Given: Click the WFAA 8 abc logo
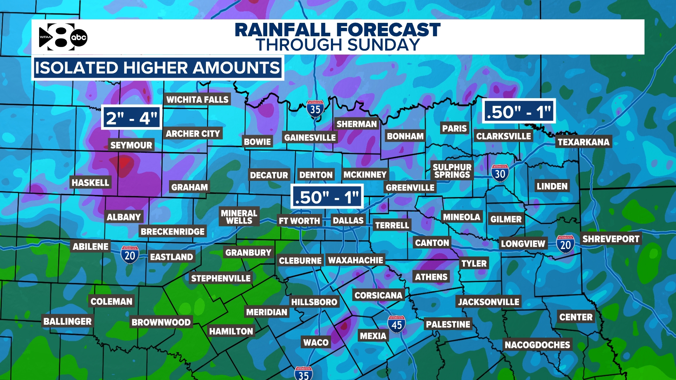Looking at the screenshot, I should point(63,37).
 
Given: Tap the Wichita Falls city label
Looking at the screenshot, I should point(197,100).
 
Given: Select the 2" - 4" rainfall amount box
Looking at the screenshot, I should point(131,118).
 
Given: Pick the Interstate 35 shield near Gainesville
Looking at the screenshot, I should point(315,109).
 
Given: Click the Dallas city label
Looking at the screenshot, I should point(348,221).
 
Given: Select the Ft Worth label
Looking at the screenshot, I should point(299,221).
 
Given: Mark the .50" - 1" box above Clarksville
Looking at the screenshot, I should point(519,112).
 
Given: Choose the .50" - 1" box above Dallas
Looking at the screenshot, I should point(327,197).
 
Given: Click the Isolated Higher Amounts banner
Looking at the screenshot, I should point(157,68).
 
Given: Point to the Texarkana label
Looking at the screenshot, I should point(583,142).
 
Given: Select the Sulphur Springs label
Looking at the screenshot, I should point(452,171).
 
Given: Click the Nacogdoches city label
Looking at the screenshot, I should point(537,345).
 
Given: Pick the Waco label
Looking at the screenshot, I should point(316,342).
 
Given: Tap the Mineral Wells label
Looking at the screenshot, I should point(239,217).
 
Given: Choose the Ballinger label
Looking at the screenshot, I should point(67,321).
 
